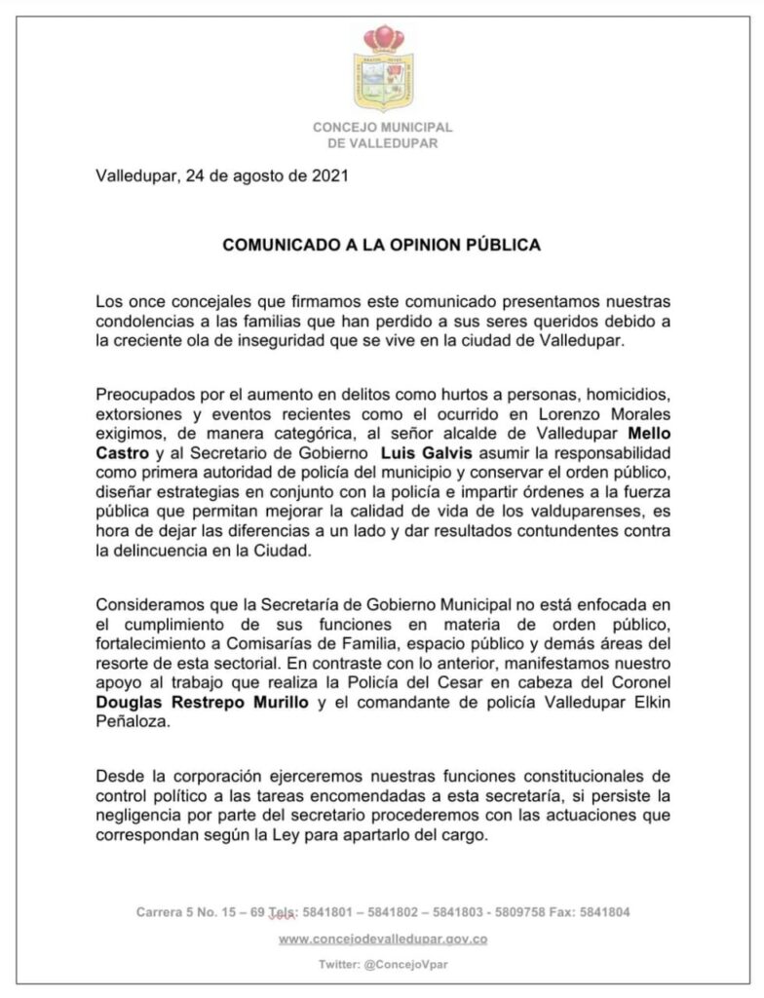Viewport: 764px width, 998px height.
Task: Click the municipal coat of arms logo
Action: tap(382, 71)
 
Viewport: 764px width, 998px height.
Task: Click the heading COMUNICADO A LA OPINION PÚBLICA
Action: tap(381, 246)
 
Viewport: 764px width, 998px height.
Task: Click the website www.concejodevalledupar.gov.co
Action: tap(382, 939)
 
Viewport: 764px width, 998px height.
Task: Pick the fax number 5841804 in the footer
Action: tap(605, 912)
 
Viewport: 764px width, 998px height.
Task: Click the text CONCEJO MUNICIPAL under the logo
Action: tap(382, 128)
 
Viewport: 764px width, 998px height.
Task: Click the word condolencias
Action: tap(140, 322)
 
